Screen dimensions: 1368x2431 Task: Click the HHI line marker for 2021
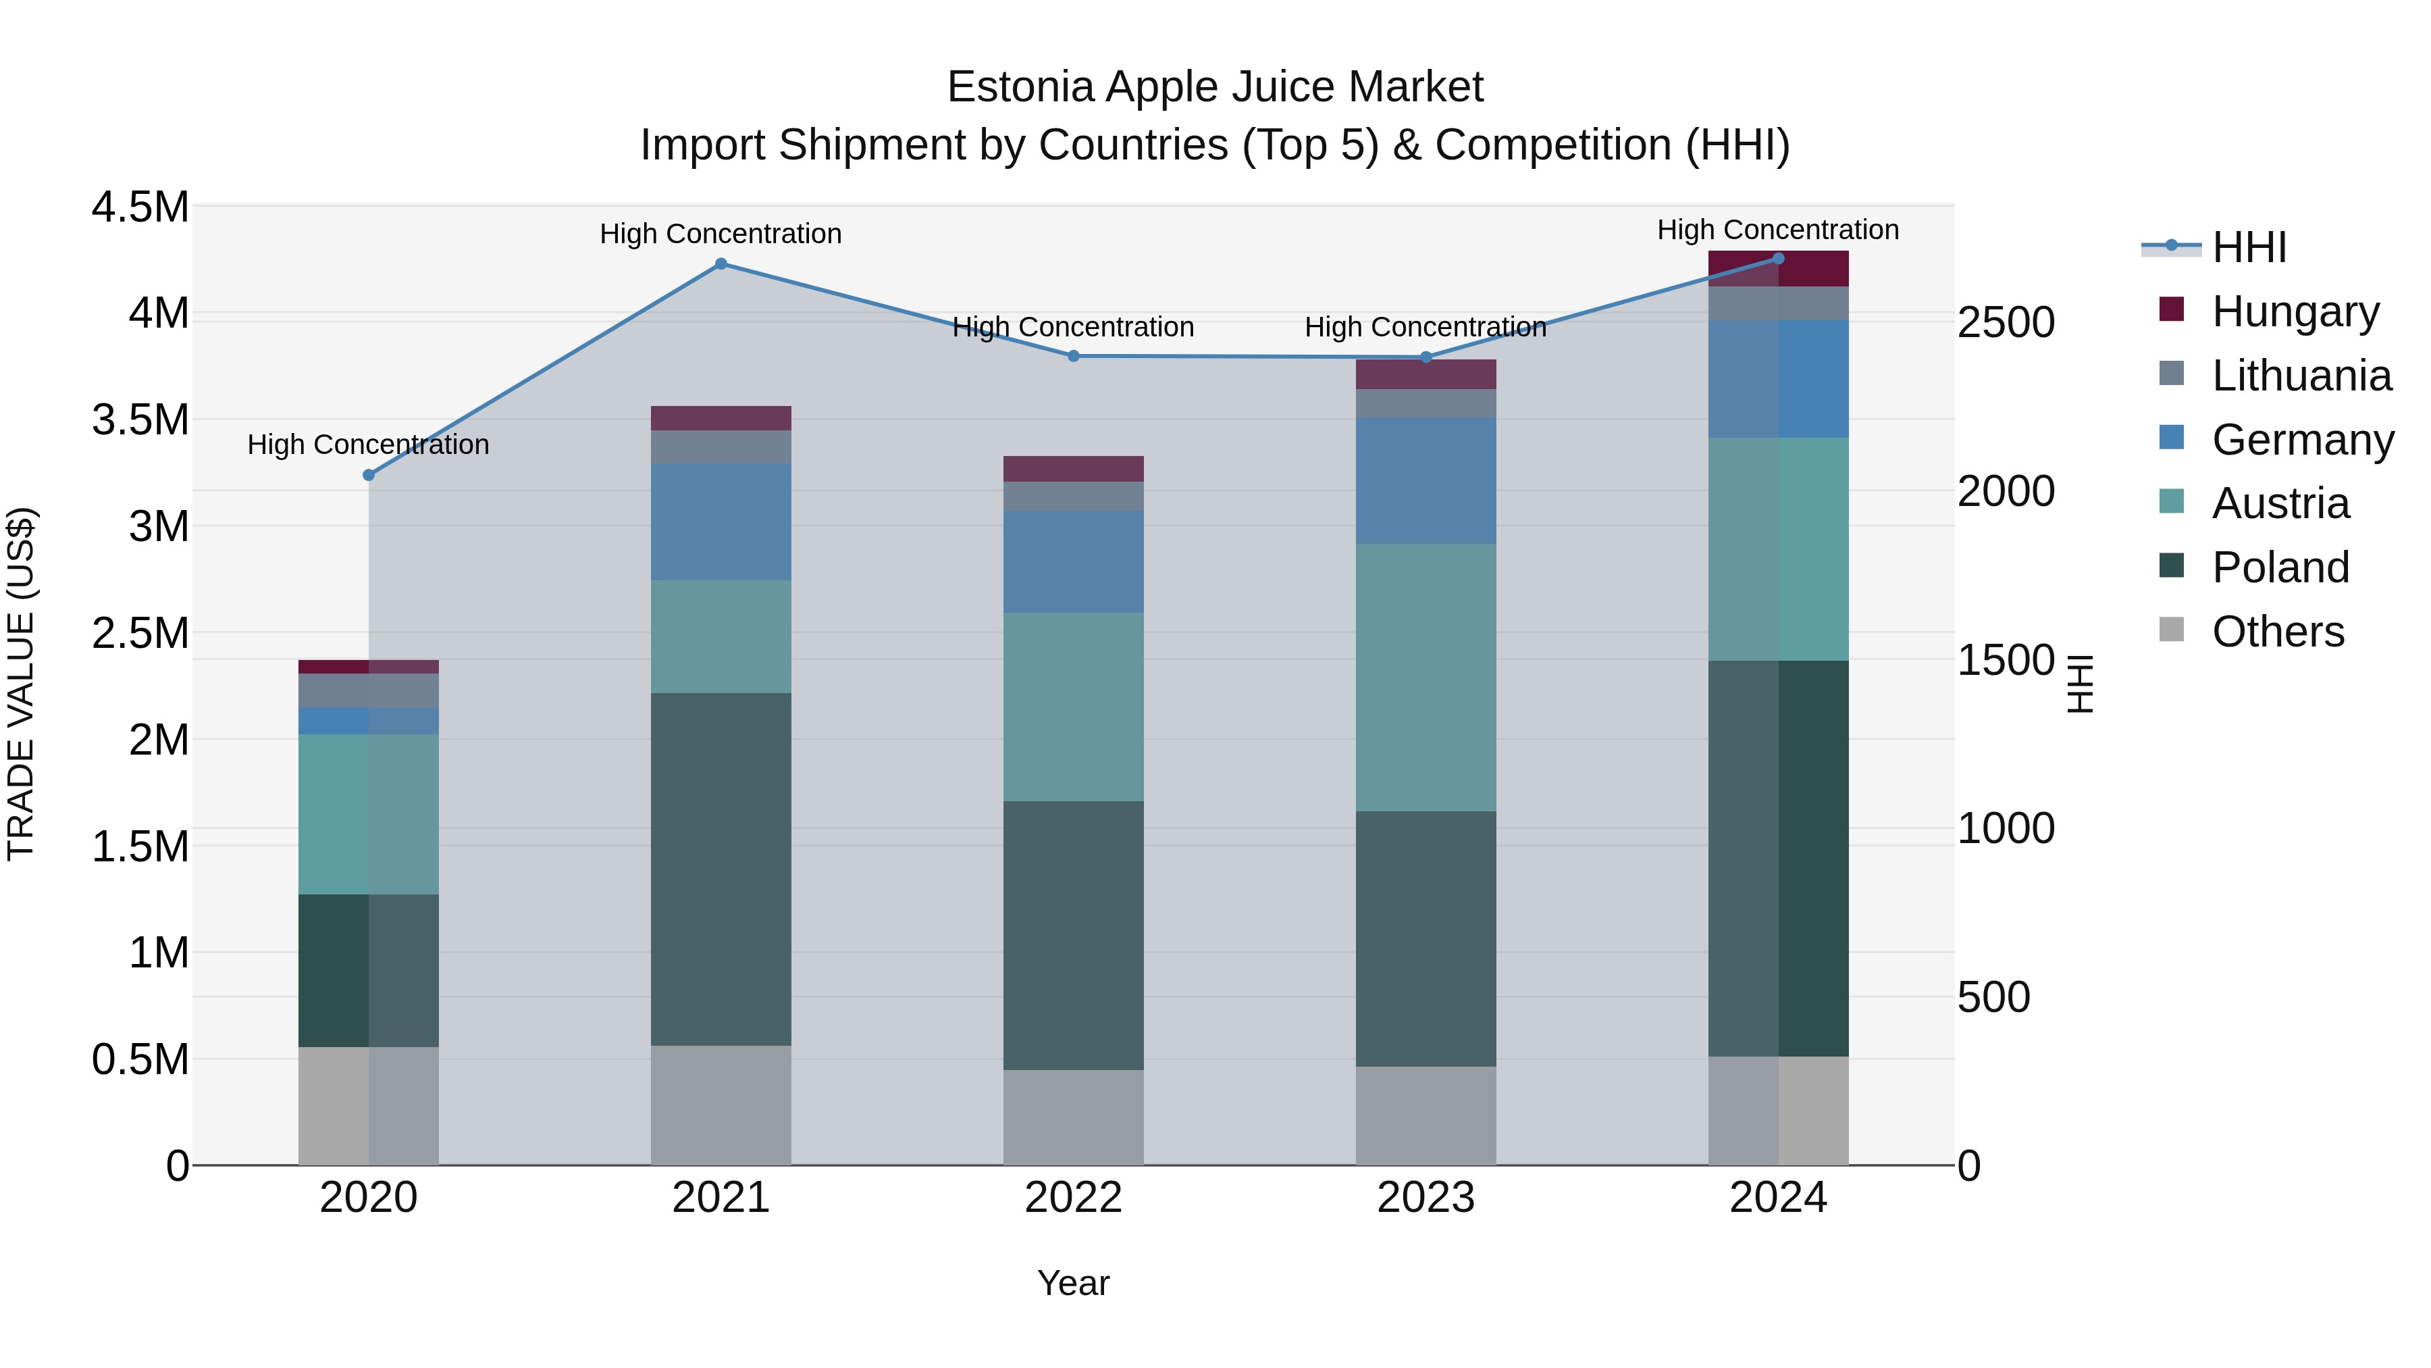coord(721,264)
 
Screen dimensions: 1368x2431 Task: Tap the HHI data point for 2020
coord(369,475)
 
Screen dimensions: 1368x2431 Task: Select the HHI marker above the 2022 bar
coord(1073,356)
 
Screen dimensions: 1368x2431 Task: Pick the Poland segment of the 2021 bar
coord(721,869)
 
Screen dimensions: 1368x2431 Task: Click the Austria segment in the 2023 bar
coord(1426,677)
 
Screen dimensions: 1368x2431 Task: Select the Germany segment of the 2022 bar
coord(1073,562)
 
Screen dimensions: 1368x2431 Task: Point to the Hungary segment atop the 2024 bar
coord(1778,269)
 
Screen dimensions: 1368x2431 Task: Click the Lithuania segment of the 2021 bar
coord(721,447)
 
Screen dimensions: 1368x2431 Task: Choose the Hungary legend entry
coord(2294,311)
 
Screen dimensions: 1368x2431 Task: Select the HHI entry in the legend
coord(2249,247)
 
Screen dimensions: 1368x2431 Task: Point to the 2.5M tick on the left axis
coord(140,632)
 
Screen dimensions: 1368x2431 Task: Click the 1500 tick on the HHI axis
coord(2006,660)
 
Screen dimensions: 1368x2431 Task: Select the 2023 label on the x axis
coord(1426,1198)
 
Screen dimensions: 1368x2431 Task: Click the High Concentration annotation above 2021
coord(721,233)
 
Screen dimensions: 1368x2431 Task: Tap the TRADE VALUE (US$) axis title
coord(21,684)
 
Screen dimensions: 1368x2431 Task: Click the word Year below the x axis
coord(1073,1283)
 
